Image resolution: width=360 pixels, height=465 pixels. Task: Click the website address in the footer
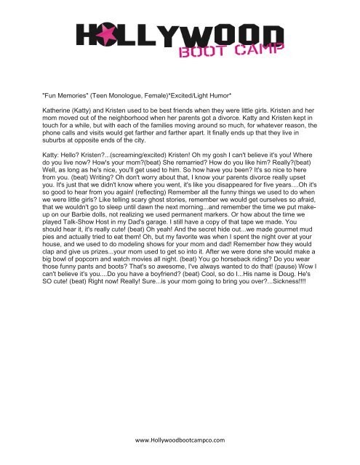coord(180,440)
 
